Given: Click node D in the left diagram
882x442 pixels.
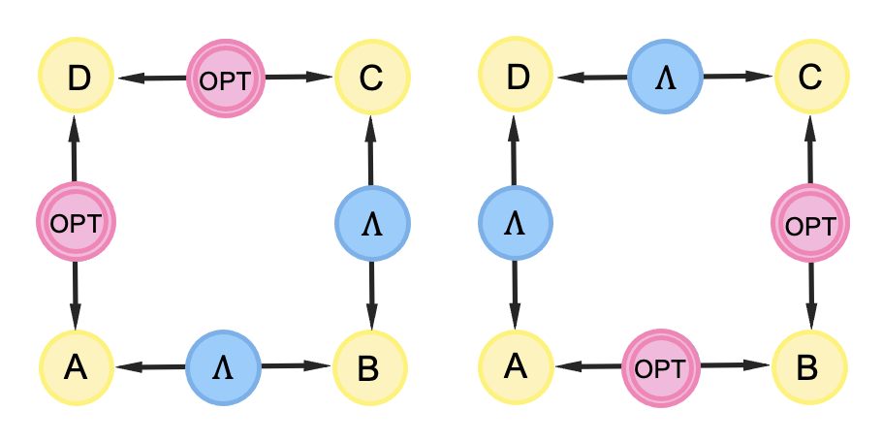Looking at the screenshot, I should point(77,77).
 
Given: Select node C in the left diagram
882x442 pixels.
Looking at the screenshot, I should point(372,77).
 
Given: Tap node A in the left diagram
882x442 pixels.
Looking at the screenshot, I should point(77,367).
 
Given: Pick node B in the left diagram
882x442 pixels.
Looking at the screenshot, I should point(371,367).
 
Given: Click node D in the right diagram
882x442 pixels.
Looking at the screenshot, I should point(519,77).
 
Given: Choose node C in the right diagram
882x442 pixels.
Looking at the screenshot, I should point(811,77).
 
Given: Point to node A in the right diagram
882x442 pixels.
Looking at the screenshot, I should point(519,367).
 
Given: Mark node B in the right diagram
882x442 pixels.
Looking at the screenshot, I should point(811,367).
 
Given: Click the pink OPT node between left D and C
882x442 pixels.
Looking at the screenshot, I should point(224,78).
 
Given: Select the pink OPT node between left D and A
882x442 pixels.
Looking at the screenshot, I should point(76,222).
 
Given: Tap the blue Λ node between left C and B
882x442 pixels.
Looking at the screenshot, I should point(372,222).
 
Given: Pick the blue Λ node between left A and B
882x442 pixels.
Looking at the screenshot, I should point(223,366).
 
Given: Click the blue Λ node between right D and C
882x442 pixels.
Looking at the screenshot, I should point(665,77).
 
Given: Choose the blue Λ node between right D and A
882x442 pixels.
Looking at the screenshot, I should point(517,222).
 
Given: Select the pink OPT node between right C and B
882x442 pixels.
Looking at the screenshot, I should point(810,223).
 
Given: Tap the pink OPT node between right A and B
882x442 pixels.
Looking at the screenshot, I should point(665,367).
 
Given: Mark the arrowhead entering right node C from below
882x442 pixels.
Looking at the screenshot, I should point(811,127).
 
